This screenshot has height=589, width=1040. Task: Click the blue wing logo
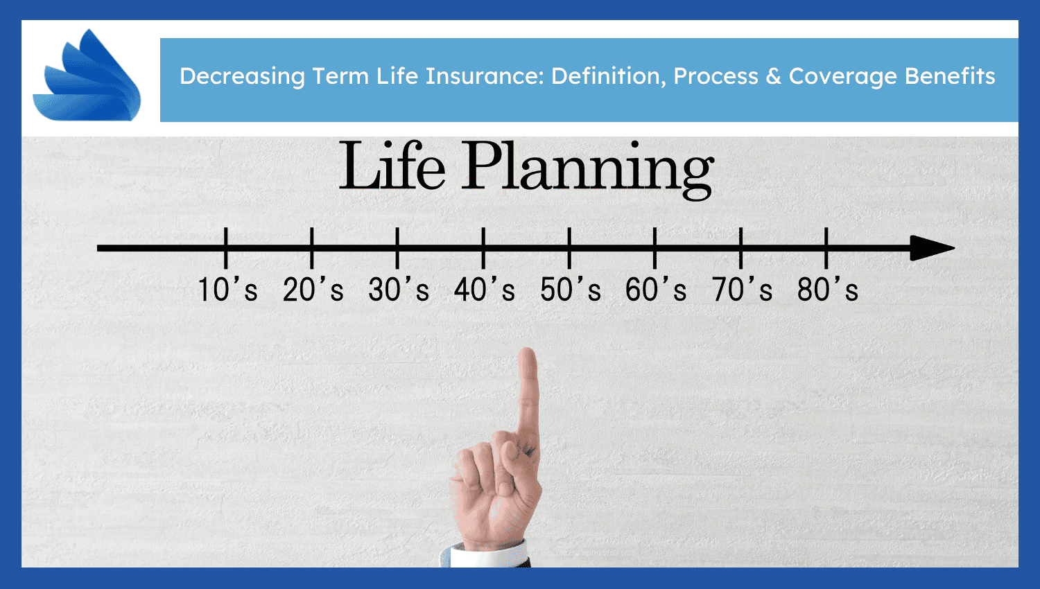87,77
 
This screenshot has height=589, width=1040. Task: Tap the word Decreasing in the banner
242,77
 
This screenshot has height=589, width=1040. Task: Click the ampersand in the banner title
773,76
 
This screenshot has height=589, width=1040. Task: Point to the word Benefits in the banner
950,76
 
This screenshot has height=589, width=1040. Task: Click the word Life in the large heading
392,166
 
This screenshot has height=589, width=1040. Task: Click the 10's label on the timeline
227,289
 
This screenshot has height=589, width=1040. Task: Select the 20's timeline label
313,289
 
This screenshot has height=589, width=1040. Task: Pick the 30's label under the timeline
399,289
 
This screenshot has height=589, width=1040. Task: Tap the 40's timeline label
485,289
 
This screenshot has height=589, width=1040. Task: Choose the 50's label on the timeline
571,289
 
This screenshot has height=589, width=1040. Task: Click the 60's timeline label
656,289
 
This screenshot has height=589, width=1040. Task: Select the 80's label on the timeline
828,289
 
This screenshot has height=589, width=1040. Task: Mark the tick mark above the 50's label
569,248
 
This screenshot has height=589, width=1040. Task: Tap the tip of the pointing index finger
528,350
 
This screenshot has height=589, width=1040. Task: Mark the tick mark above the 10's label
225,248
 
